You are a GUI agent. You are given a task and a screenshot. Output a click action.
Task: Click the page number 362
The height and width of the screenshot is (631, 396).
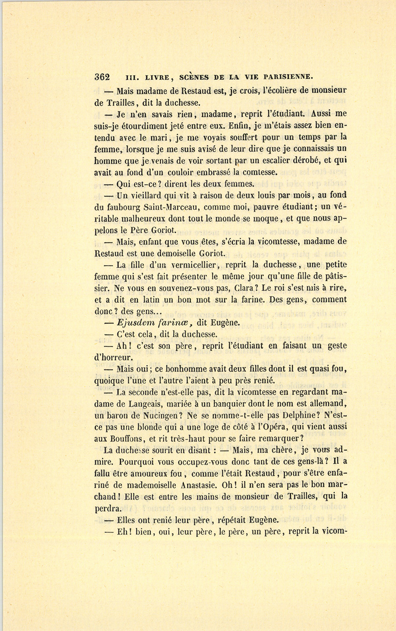pos(102,76)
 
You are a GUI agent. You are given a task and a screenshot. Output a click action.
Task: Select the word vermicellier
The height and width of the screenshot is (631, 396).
pos(194,265)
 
